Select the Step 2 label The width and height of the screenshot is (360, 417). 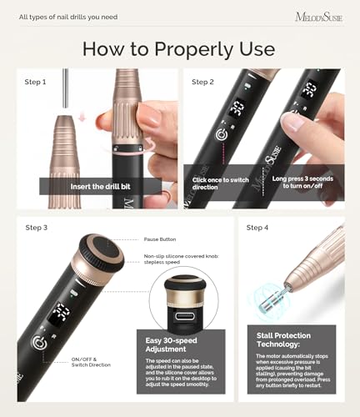(x=203, y=82)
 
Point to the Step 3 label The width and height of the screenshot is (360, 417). (x=36, y=227)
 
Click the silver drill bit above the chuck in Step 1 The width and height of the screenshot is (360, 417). (x=64, y=95)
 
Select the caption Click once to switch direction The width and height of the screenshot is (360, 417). (x=219, y=184)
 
